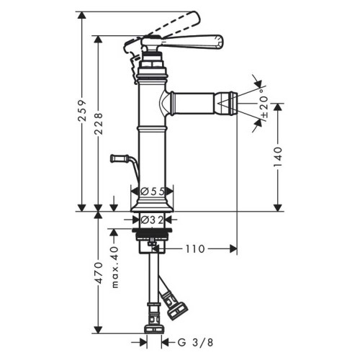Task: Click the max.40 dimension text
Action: tap(113, 266)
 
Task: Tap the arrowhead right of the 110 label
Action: tap(231, 248)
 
